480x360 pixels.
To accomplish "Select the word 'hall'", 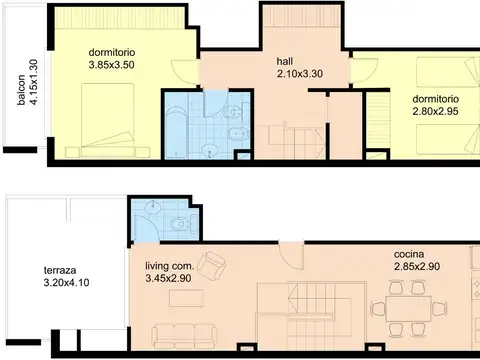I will click(x=285, y=60).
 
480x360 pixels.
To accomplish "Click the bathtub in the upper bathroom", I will click(x=180, y=125).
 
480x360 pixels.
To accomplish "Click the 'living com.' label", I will click(x=168, y=265).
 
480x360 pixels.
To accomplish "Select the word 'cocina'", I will click(x=410, y=255).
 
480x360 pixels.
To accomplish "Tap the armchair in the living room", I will click(x=211, y=266).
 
